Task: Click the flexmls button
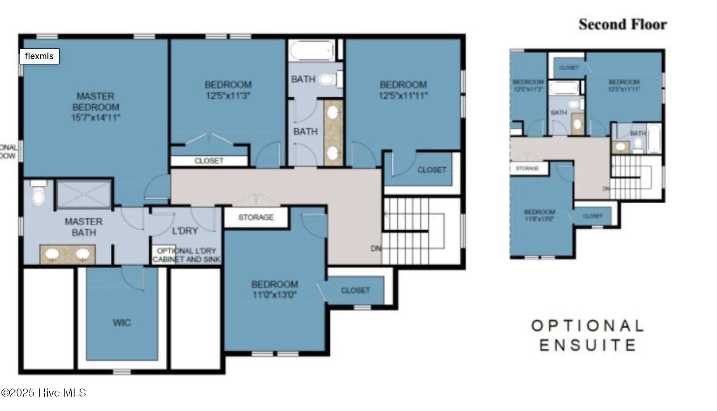[x=39, y=56]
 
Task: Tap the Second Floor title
[x=622, y=24]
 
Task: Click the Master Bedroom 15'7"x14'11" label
[x=96, y=107]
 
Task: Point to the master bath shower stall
[x=84, y=194]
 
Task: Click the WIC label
[x=122, y=322]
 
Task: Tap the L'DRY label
[x=185, y=231]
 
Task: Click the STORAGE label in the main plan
[x=256, y=217]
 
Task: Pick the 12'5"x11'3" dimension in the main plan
[x=228, y=96]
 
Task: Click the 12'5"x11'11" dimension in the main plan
[x=403, y=96]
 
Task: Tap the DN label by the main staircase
[x=375, y=248]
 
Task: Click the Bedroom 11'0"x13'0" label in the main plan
[x=275, y=289]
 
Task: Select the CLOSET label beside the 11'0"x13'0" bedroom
[x=355, y=290]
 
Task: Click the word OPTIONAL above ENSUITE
[x=587, y=326]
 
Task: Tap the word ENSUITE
[x=587, y=345]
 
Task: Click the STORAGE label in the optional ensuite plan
[x=527, y=168]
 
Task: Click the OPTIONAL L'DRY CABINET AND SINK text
[x=187, y=255]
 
